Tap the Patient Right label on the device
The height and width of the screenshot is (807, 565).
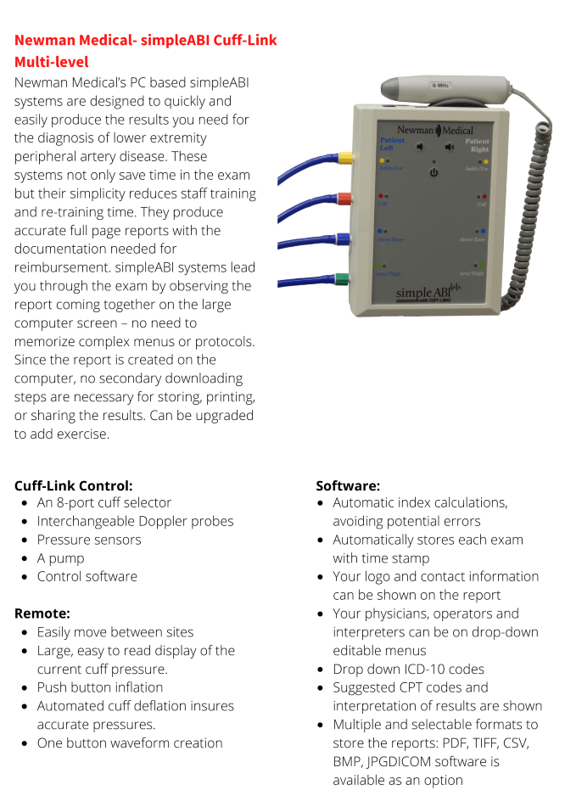[x=477, y=144]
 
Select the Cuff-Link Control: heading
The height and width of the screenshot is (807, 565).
[x=73, y=485]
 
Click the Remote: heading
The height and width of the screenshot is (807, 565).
[x=42, y=613]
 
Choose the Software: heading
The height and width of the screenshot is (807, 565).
[x=348, y=485]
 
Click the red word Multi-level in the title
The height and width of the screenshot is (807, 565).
[x=51, y=62]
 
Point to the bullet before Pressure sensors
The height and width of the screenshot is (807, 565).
[x=25, y=541]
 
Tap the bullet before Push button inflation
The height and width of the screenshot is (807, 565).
[x=25, y=688]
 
